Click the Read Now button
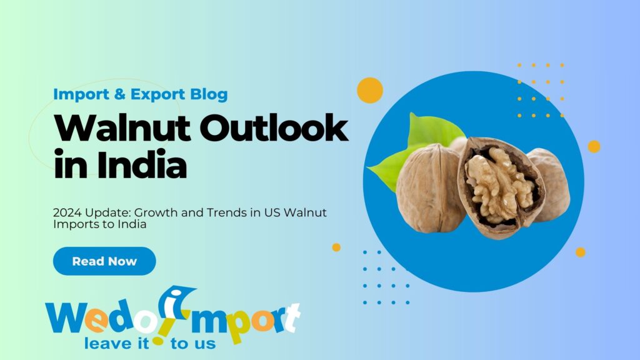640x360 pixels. (104, 261)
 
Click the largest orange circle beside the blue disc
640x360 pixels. (369, 90)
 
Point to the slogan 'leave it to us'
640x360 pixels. (150, 342)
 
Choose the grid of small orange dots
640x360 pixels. (541, 90)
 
